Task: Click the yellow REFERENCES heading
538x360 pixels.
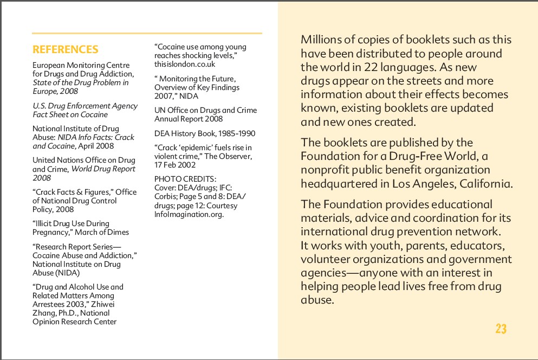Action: pyautogui.click(x=66, y=50)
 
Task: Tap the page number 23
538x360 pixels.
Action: pyautogui.click(x=501, y=329)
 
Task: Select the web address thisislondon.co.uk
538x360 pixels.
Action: pyautogui.click(x=185, y=65)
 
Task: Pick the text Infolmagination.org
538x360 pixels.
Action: pyautogui.click(x=189, y=214)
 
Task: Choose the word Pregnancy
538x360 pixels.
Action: pyautogui.click(x=50, y=232)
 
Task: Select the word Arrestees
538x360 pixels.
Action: pyautogui.click(x=49, y=304)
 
